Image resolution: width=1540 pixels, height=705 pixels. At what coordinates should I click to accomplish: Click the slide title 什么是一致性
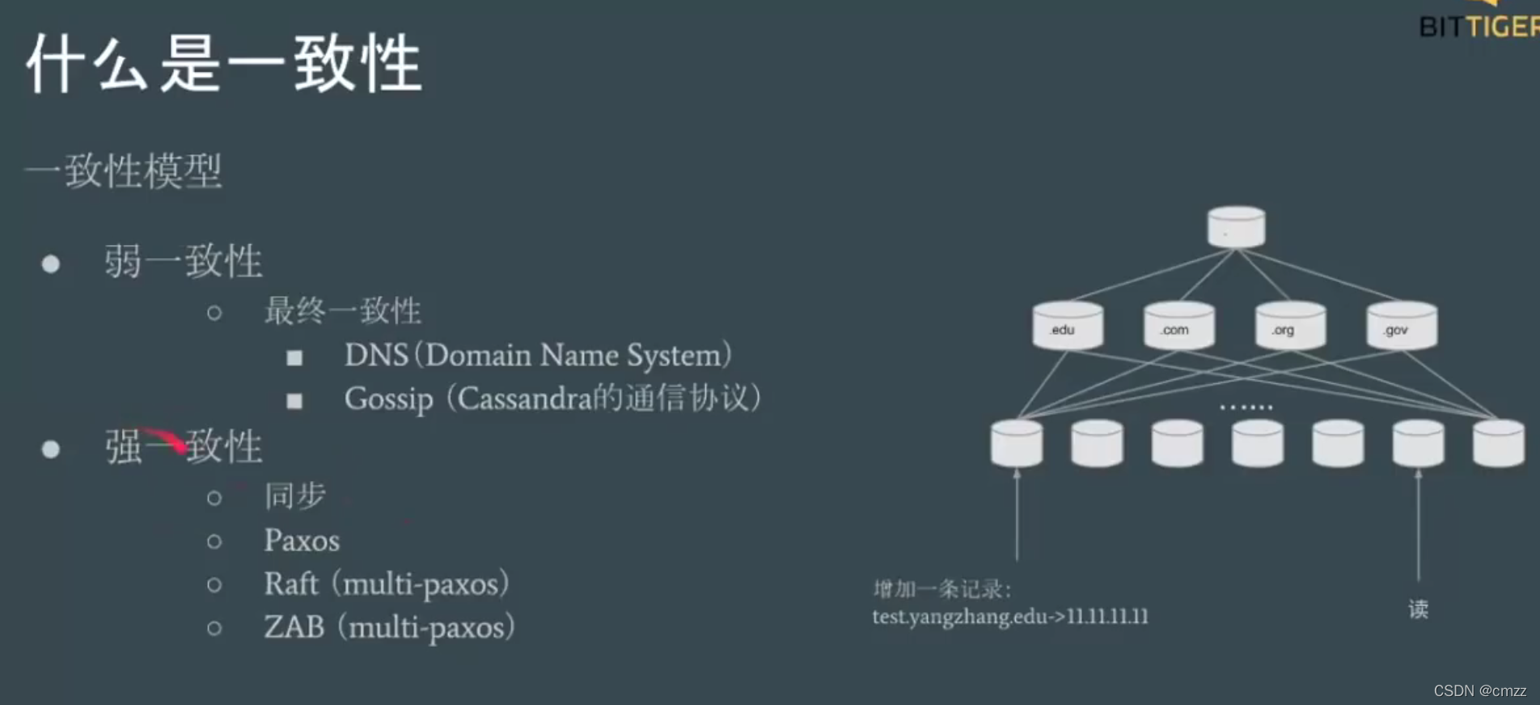[x=224, y=63]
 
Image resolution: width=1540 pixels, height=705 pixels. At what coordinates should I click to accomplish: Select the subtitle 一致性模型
[x=124, y=171]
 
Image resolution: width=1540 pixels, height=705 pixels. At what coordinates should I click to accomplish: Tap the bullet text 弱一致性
[x=183, y=261]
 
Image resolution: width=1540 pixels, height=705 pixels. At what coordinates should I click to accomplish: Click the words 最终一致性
[x=342, y=311]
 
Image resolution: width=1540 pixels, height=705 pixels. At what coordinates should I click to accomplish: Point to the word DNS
[x=376, y=355]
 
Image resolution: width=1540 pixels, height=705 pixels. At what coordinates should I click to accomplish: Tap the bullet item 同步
[x=294, y=496]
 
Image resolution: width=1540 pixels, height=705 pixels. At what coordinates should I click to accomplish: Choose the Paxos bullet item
[x=302, y=540]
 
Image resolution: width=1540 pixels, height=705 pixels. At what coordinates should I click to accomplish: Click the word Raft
[x=291, y=584]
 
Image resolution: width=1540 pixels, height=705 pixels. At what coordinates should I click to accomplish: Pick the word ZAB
[x=294, y=627]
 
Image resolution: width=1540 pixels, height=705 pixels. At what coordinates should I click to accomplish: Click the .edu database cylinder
[x=1068, y=326]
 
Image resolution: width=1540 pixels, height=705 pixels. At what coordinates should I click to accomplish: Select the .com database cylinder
[x=1178, y=326]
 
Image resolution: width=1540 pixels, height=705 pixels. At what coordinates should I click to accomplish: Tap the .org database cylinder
[x=1290, y=326]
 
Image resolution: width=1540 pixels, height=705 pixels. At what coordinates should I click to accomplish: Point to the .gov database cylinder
[x=1402, y=326]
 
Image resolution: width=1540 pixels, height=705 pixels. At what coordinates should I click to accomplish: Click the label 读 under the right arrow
[x=1418, y=609]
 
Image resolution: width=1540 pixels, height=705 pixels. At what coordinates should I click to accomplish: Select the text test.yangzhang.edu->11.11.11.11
[x=1009, y=617]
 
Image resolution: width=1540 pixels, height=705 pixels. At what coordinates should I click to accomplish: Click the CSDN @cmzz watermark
[x=1479, y=690]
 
